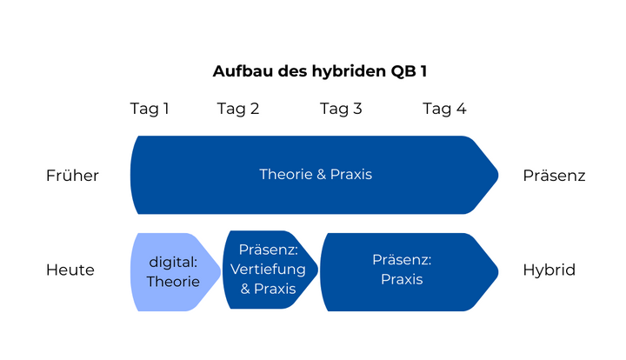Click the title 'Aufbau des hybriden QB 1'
click(x=319, y=71)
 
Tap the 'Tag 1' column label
click(x=150, y=109)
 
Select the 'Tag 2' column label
click(x=237, y=109)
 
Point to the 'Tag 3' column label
click(x=341, y=109)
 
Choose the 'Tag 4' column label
click(x=444, y=109)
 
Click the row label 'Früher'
click(x=72, y=176)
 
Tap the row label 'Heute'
click(x=70, y=270)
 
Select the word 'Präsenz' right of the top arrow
click(x=554, y=176)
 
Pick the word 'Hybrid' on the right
click(x=549, y=270)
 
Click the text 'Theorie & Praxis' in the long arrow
click(x=315, y=175)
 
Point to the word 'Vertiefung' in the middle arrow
click(x=268, y=270)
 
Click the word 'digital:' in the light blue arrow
click(x=173, y=262)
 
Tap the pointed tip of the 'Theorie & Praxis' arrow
click(x=496, y=175)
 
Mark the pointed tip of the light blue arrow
click(x=218, y=271)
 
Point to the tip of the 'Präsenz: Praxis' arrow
click(x=496, y=270)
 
